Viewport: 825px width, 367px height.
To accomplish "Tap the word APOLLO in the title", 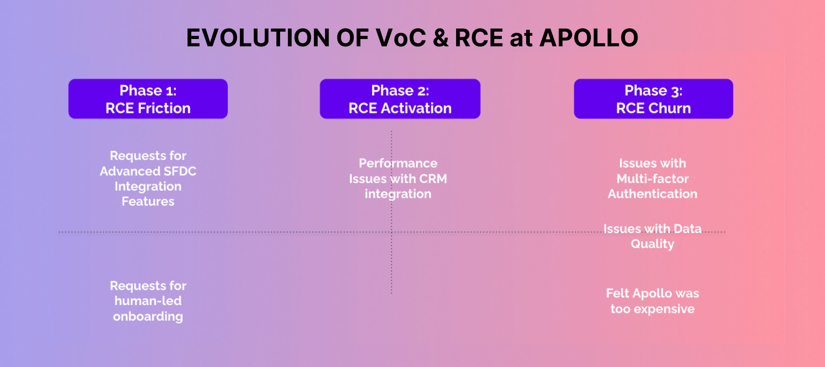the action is pos(588,38).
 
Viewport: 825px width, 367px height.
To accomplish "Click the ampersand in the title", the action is pos(440,38).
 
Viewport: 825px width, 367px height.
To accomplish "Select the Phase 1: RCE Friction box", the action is pos(148,99).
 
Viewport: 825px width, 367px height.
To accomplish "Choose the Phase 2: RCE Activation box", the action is pos(400,99).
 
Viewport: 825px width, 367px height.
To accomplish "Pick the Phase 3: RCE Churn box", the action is pos(653,99).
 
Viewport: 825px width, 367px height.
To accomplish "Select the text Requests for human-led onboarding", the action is pos(148,301).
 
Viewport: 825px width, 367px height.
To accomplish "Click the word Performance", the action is pos(398,163).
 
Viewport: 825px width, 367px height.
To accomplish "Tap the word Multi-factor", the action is pos(653,179).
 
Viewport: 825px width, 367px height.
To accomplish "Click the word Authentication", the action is pos(653,194).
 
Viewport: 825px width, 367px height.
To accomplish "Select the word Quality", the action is pos(653,244).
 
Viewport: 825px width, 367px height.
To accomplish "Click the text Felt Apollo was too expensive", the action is pos(653,301).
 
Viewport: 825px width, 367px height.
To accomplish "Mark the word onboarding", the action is pos(148,317).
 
